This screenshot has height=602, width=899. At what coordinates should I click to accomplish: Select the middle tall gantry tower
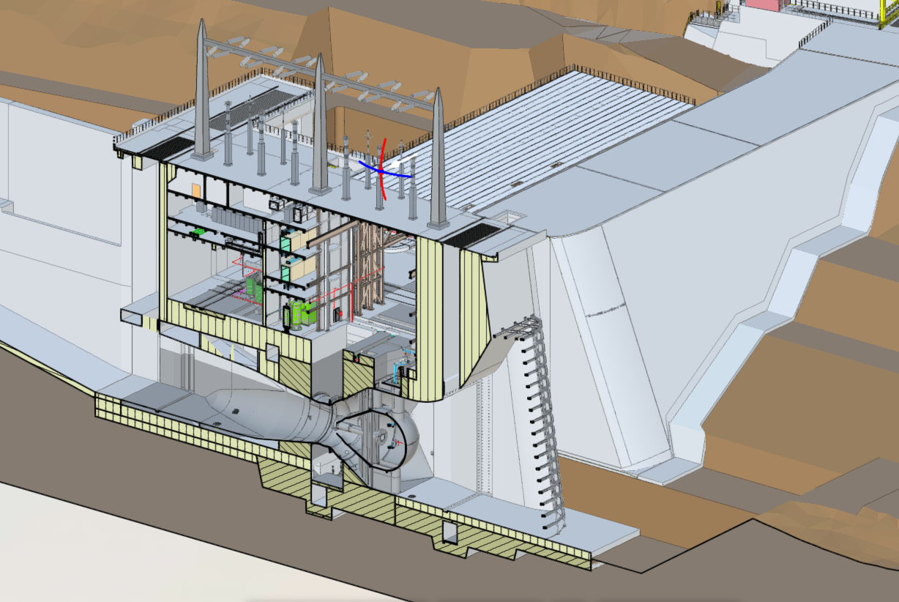(320, 128)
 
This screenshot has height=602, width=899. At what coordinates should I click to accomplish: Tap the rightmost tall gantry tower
(438, 161)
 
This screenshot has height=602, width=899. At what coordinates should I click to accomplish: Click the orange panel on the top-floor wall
(196, 190)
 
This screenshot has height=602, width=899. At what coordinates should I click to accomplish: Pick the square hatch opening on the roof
(509, 217)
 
